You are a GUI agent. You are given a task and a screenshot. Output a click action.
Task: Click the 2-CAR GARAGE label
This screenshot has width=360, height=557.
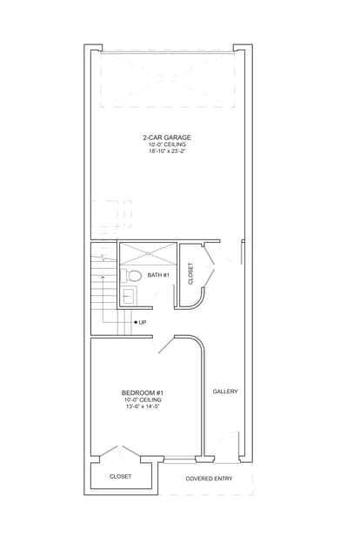pos(167,138)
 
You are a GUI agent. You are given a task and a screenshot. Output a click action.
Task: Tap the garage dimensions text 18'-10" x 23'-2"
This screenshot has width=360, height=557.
pos(167,151)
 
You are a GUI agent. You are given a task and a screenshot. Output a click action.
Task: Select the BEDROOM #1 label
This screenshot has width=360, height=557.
pos(143,393)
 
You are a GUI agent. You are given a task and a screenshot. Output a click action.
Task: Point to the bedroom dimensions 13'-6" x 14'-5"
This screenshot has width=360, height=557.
pos(143,406)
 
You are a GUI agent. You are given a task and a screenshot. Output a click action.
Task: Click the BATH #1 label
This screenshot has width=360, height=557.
pos(158,275)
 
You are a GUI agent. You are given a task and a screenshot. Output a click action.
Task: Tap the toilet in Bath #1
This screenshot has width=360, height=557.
pos(130,275)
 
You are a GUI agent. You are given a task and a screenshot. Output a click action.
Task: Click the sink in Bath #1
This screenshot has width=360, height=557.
pos(128,295)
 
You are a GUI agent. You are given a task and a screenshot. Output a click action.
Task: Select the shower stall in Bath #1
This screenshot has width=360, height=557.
pos(147,253)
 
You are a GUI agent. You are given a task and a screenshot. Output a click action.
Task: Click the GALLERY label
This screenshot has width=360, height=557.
pos(225,391)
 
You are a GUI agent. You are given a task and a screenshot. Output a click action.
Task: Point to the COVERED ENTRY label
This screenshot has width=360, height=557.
pos(209,479)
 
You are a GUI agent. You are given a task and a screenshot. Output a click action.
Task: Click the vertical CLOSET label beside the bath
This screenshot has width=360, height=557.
pos(190,273)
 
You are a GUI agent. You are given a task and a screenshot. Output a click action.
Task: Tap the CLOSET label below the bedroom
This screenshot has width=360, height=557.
pos(120,476)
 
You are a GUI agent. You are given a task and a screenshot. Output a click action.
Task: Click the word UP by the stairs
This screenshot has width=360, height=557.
pos(143,322)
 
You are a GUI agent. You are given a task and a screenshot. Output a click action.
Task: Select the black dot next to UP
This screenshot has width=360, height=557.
pos(136,322)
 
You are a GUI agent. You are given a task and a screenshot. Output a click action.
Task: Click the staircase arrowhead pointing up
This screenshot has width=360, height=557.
pos(103,276)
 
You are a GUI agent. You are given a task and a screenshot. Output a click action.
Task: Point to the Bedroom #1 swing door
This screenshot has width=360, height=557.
pos(166,345)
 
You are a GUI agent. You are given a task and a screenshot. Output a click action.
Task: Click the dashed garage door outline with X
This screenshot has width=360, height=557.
pos(168,79)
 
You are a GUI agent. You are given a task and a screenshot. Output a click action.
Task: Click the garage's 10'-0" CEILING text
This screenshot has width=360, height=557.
pos(167,144)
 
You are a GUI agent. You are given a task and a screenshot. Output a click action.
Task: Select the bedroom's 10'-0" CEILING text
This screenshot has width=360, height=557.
pos(143,399)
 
